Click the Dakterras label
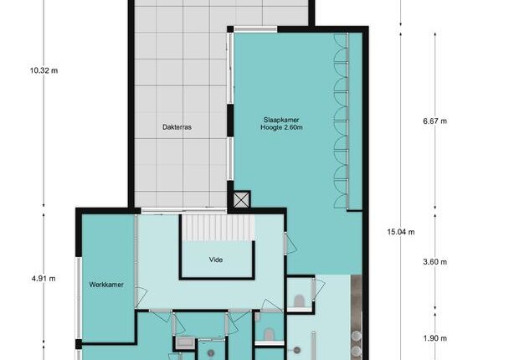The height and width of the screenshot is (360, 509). click(x=177, y=127)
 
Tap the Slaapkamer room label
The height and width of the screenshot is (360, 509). click(x=281, y=120)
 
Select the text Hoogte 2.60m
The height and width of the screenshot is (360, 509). click(x=281, y=127)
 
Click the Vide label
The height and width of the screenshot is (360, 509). click(x=216, y=260)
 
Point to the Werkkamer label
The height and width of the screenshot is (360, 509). click(x=106, y=285)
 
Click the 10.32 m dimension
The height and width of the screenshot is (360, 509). click(x=44, y=70)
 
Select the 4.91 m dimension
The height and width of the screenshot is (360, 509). click(x=44, y=279)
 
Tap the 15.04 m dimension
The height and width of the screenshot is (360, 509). click(x=401, y=232)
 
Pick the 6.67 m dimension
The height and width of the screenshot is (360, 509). click(x=435, y=121)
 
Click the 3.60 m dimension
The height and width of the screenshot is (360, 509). click(x=435, y=262)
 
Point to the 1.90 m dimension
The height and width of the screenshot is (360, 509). click(x=435, y=338)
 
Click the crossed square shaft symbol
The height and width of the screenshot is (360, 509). click(x=242, y=199)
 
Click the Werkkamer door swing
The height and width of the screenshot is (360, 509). click(x=141, y=296)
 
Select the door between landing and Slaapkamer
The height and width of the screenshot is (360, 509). click(x=290, y=243)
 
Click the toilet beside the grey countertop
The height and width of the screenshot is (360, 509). click(x=299, y=301)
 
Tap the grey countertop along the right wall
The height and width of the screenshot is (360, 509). click(x=357, y=317)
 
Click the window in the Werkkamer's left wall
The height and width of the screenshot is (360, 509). click(x=78, y=298)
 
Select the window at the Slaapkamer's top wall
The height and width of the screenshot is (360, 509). click(x=255, y=29)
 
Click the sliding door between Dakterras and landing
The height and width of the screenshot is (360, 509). click(x=184, y=211)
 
